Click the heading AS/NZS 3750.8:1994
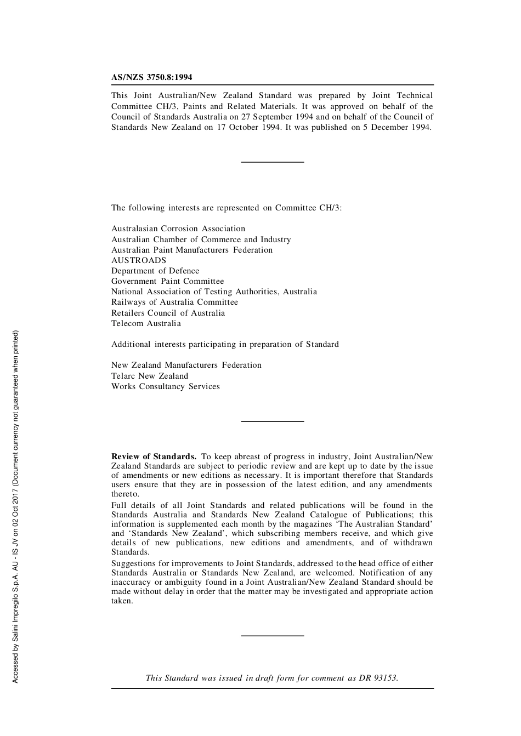[152, 77]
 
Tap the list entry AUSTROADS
[139, 260]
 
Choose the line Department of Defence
[155, 271]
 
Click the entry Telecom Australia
[146, 323]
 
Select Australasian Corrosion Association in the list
[178, 229]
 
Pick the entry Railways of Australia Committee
[174, 302]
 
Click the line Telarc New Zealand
[150, 376]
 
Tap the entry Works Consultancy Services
[166, 386]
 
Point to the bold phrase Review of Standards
[154, 457]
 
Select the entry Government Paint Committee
[167, 281]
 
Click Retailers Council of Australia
[168, 313]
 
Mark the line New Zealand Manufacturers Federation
[186, 365]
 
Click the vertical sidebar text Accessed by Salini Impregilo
[15, 507]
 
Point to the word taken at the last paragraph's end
[122, 601]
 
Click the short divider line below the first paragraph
[273, 162]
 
